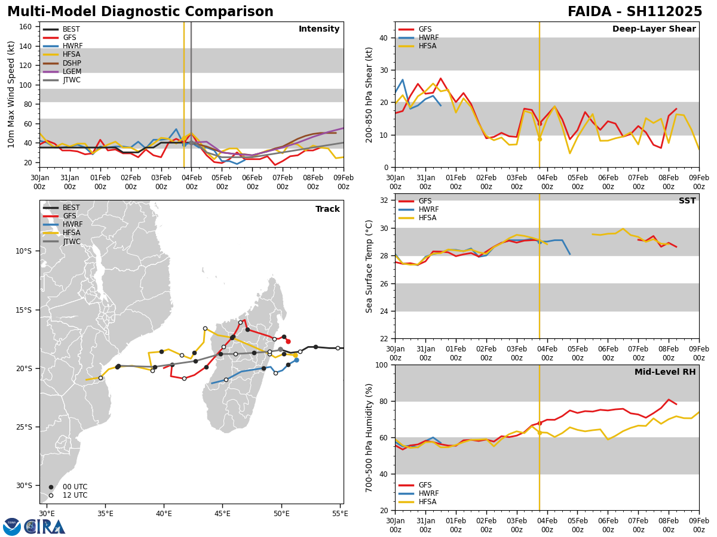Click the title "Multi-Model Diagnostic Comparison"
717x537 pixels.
(140, 12)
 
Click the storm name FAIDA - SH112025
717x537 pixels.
(635, 12)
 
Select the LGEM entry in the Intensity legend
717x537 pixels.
(71, 72)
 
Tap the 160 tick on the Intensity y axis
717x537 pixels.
(27, 27)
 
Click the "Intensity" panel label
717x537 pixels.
(319, 29)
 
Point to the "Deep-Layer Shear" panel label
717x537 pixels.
(654, 29)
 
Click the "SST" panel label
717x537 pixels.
(687, 201)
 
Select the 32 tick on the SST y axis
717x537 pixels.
(385, 200)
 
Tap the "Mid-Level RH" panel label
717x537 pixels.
(665, 372)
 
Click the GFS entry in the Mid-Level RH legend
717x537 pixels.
(425, 485)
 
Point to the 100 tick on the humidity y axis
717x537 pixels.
(382, 365)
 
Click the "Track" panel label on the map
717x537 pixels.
(327, 209)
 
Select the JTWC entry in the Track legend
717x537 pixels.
(71, 242)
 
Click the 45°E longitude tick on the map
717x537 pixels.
(222, 513)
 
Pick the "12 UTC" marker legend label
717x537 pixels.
(75, 495)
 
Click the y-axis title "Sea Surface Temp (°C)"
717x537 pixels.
(369, 266)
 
